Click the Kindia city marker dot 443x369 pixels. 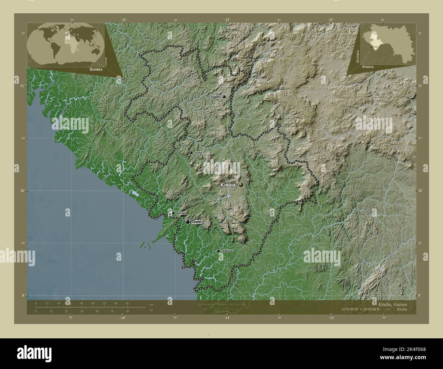click(x=241, y=185)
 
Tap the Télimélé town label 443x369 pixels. click(x=215, y=97)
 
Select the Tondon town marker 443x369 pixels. click(x=191, y=153)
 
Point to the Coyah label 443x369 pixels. click(x=197, y=222)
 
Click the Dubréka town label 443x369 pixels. click(x=181, y=213)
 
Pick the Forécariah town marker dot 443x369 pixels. click(x=218, y=251)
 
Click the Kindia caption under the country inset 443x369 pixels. click(x=368, y=67)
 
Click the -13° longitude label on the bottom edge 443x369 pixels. click(x=227, y=318)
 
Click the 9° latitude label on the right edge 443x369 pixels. click(x=420, y=295)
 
